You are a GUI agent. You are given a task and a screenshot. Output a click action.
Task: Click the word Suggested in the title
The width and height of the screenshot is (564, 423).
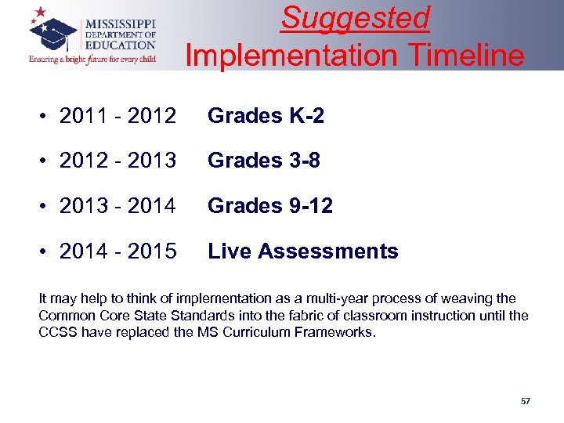pos(355,17)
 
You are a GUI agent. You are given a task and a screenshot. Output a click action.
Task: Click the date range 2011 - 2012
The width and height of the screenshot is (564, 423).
pos(117,116)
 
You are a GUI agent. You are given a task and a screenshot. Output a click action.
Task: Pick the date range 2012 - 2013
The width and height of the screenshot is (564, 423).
pos(117,161)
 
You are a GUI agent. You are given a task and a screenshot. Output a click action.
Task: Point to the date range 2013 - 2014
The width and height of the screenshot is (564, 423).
pos(117,206)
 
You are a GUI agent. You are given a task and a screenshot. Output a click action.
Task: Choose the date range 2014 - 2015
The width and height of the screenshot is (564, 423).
pos(117,251)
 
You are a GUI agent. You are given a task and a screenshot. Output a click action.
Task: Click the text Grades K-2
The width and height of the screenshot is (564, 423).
pos(266,116)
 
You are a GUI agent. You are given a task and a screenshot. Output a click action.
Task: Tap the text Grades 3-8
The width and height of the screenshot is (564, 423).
pos(264,161)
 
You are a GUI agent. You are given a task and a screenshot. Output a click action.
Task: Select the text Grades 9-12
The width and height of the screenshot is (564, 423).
pos(270,206)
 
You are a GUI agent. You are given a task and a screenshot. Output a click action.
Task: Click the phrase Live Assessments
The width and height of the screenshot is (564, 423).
pos(302,251)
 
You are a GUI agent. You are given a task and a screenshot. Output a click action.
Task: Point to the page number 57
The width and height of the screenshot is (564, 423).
pos(525,401)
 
